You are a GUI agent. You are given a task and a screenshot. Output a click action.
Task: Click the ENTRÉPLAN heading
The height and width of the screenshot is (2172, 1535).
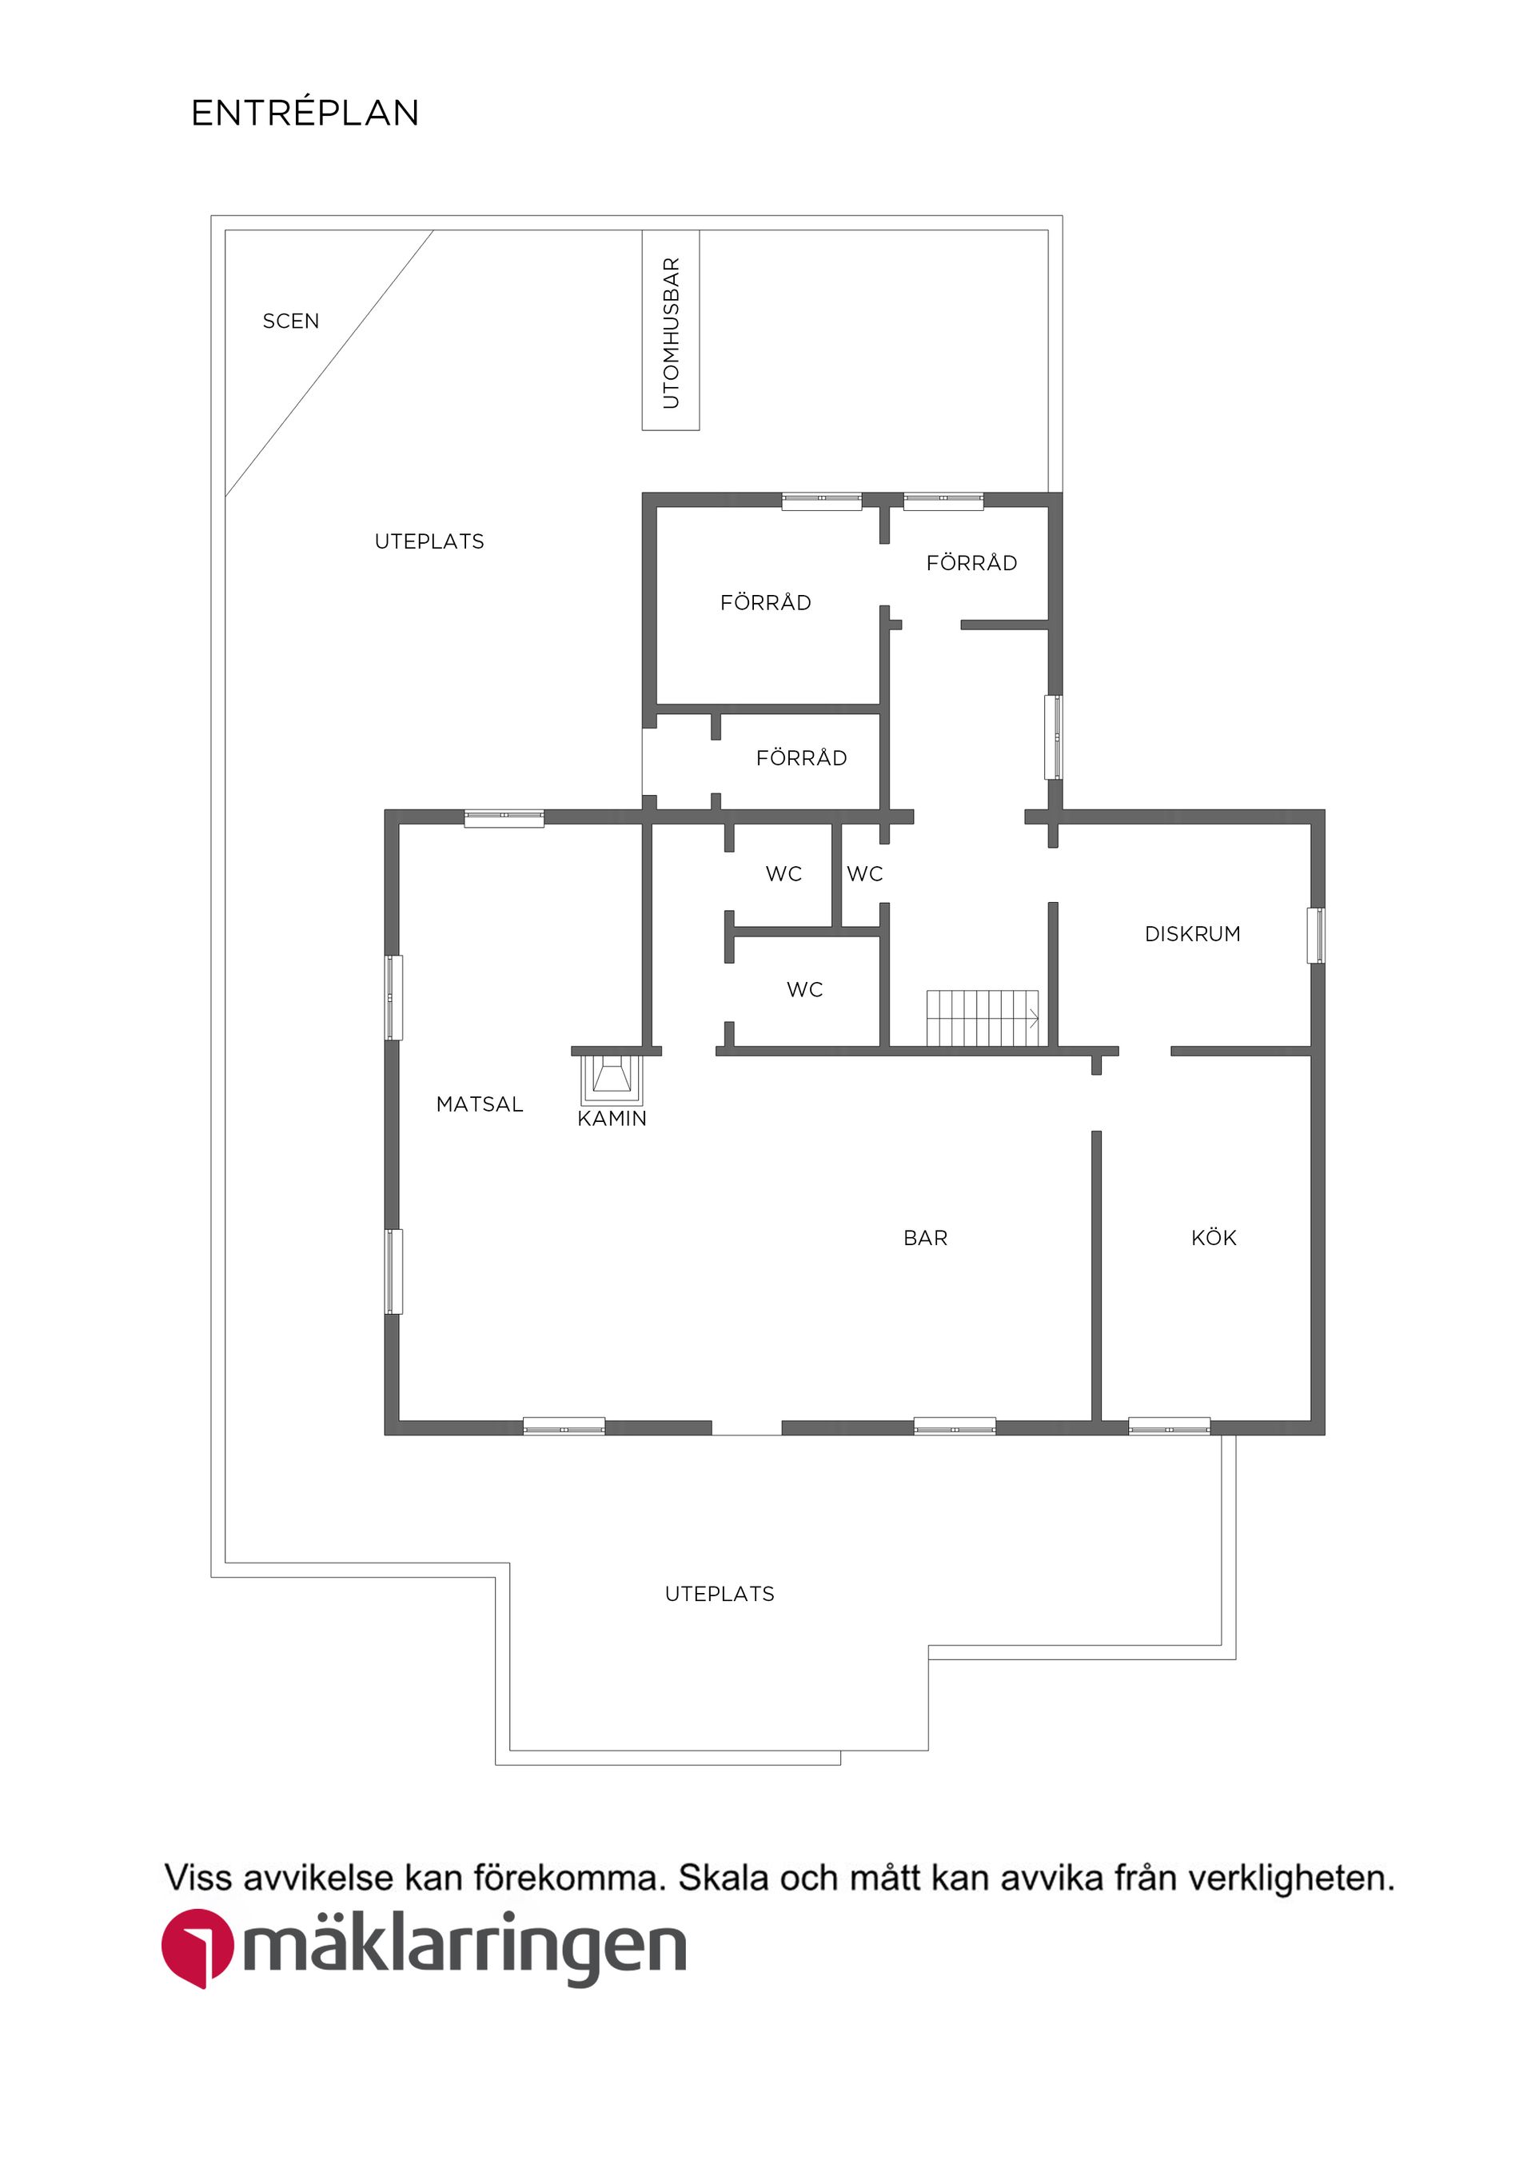click(305, 114)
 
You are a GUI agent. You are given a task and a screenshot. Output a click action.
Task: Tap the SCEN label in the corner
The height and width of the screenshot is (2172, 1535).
click(290, 321)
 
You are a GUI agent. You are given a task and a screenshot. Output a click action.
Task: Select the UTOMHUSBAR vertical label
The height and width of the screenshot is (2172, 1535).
click(671, 332)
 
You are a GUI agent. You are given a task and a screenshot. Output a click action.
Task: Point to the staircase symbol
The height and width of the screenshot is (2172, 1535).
click(982, 1018)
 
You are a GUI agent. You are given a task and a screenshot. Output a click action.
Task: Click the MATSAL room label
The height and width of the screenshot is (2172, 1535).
click(479, 1104)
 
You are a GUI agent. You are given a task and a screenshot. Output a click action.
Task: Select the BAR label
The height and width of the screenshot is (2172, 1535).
click(924, 1237)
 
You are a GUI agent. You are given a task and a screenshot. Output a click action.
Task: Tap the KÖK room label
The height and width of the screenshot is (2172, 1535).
click(1213, 1237)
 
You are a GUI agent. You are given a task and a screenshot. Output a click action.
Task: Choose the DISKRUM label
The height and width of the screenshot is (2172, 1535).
click(1192, 934)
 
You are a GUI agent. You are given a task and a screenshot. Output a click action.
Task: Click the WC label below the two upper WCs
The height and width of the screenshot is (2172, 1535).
click(804, 989)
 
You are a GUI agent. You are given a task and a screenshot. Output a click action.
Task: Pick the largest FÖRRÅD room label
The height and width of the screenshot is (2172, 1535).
click(765, 603)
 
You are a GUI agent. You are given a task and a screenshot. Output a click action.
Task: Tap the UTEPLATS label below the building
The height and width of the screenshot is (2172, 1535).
click(719, 1594)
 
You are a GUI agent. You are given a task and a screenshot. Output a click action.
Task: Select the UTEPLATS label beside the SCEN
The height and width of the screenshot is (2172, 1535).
click(429, 541)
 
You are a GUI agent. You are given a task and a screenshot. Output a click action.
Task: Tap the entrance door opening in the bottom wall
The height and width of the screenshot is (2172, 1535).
click(745, 1427)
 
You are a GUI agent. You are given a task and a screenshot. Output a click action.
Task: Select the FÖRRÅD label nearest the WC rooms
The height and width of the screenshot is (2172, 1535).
click(800, 758)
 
